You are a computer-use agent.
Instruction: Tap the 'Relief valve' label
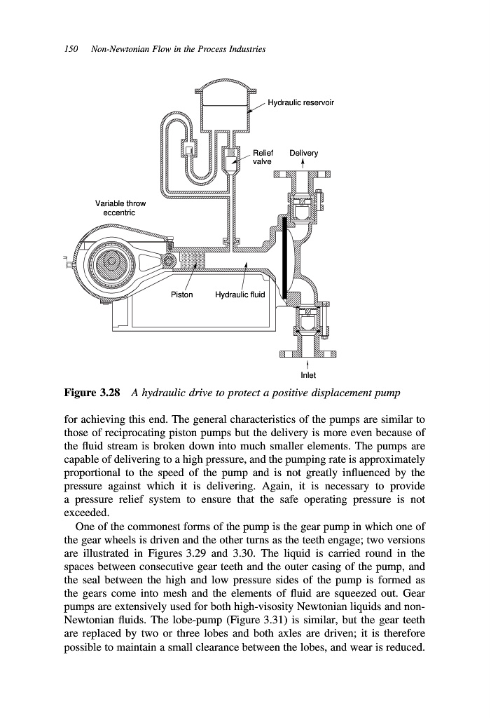[x=263, y=157]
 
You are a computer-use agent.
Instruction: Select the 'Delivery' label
[x=303, y=153]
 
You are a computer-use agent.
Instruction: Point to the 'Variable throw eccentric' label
[x=120, y=208]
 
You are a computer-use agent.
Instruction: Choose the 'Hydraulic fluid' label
[x=240, y=294]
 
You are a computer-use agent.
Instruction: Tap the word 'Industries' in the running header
[x=244, y=50]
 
